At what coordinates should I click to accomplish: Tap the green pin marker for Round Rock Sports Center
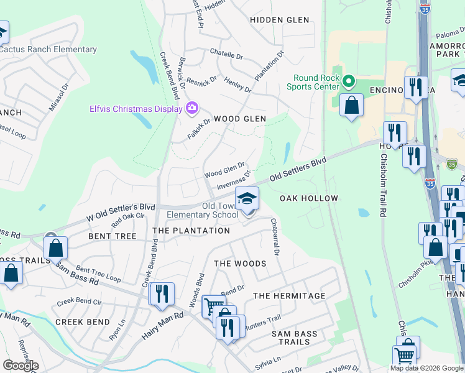349,81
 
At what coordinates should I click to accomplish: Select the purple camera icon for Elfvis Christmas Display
191,109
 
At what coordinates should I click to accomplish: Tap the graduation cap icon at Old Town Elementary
247,199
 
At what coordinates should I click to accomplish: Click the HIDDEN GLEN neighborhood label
279,20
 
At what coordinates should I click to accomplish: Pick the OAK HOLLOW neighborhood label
309,198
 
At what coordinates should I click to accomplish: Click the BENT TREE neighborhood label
113,236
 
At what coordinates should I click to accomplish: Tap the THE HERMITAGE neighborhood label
289,296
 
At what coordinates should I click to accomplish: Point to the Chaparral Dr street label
275,236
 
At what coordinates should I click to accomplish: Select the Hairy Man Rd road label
162,325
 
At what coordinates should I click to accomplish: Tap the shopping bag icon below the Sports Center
352,104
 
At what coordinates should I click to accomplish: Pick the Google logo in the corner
21,366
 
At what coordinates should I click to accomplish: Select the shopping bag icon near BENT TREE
56,247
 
